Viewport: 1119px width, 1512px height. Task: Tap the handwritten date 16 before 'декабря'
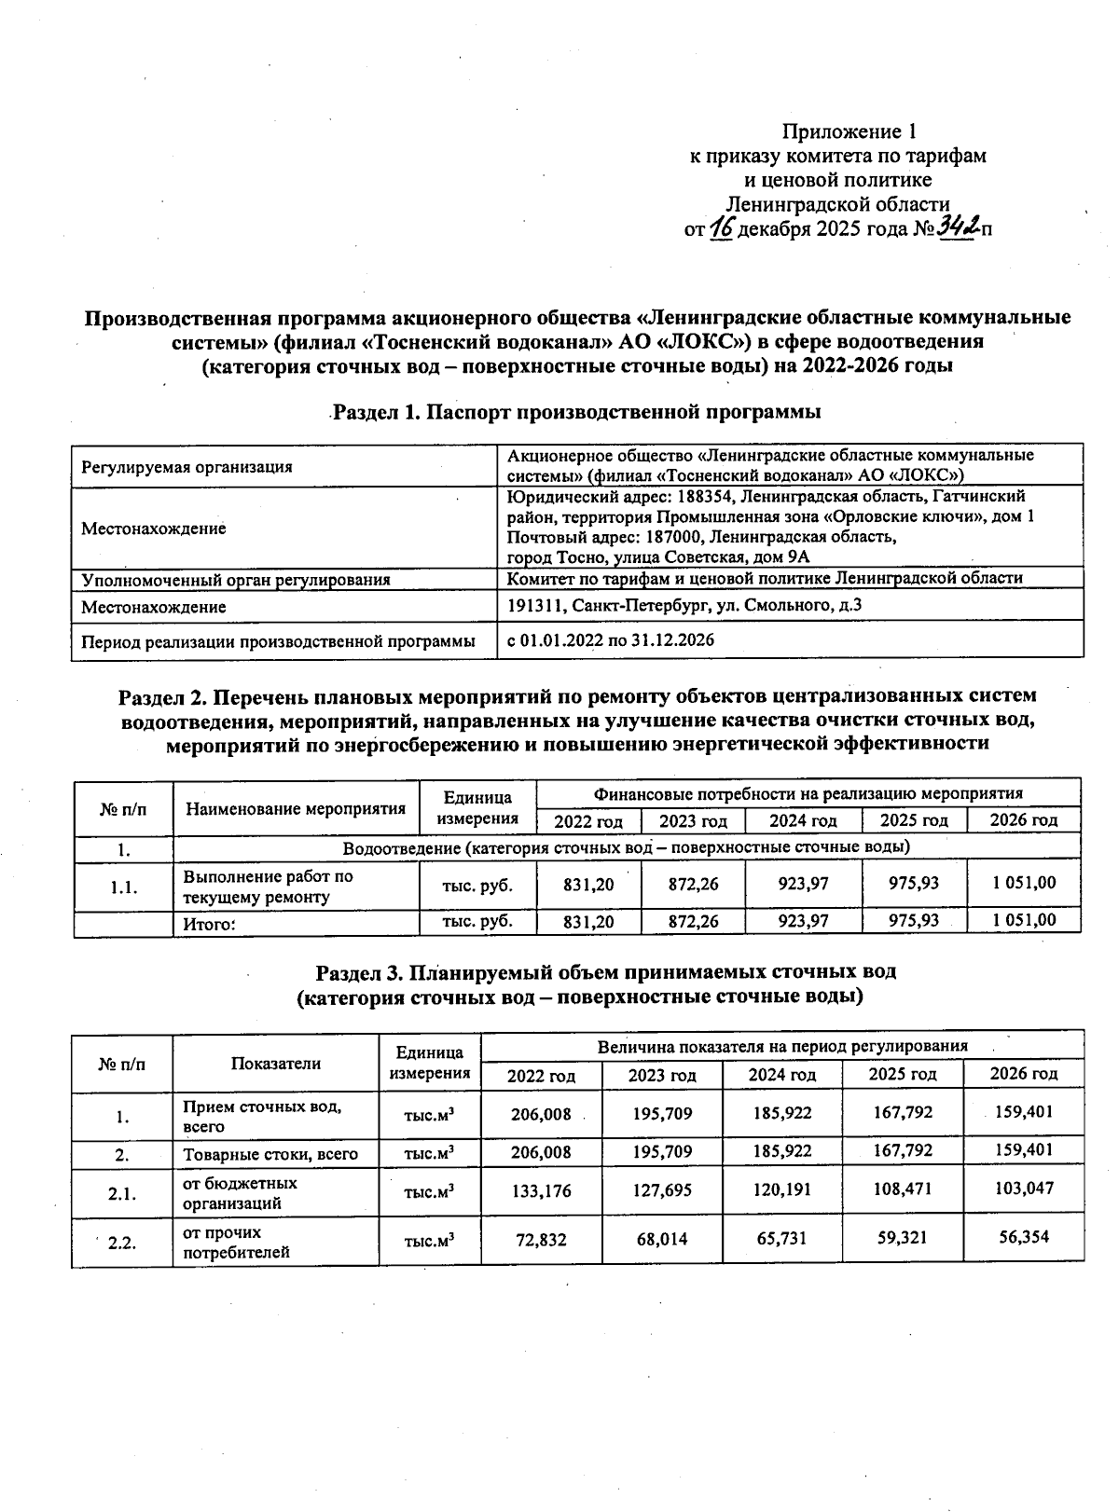[x=721, y=227]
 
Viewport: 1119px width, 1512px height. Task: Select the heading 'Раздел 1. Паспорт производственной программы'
[x=577, y=411]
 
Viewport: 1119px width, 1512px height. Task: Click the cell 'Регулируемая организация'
[x=186, y=467]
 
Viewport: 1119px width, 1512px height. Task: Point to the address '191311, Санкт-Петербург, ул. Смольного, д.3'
[x=684, y=606]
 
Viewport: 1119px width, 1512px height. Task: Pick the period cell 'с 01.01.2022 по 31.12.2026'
[x=610, y=640]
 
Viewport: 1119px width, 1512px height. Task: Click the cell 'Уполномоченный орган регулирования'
[x=236, y=580]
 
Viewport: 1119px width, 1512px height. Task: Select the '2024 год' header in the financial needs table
[x=802, y=821]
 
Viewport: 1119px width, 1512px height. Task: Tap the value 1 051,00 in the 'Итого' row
[x=1024, y=920]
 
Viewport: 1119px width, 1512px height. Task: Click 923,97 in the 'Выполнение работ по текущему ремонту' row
[x=803, y=883]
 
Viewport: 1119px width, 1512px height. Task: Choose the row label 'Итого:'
[x=210, y=925]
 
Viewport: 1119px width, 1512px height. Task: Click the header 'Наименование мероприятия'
[x=296, y=808]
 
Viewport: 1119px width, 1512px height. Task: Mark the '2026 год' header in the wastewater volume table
[x=1023, y=1074]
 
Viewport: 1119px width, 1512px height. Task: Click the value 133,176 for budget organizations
[x=541, y=1191]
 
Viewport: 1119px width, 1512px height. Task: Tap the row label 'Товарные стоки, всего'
[x=270, y=1154]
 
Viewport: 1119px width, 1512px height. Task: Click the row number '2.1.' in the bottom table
[x=122, y=1192]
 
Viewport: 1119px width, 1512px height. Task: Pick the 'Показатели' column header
[x=276, y=1064]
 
